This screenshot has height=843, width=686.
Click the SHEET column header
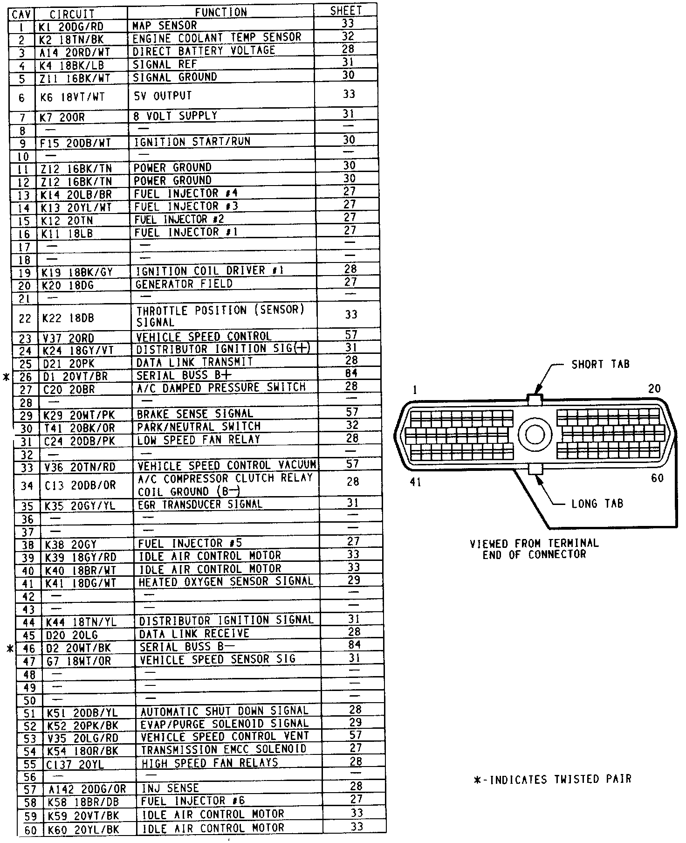tap(346, 11)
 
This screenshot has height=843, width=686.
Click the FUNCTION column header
tap(221, 12)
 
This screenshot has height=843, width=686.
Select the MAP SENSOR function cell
tap(165, 25)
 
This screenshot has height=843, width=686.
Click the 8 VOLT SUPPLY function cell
tap(175, 115)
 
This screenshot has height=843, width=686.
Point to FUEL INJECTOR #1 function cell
tap(186, 232)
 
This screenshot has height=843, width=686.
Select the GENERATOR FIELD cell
tap(184, 283)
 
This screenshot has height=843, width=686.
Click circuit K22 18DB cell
tap(68, 318)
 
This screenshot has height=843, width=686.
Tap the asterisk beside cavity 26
tap(6, 377)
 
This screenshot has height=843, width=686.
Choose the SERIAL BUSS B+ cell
tap(184, 375)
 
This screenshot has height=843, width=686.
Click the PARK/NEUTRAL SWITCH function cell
tap(198, 426)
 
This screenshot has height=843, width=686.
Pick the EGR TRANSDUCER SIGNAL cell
tap(200, 504)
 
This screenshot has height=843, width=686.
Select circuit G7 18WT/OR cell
tap(78, 660)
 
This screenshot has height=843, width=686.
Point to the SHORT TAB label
tap(600, 364)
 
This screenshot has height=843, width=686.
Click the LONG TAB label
tap(597, 504)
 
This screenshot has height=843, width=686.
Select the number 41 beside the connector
tap(415, 482)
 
